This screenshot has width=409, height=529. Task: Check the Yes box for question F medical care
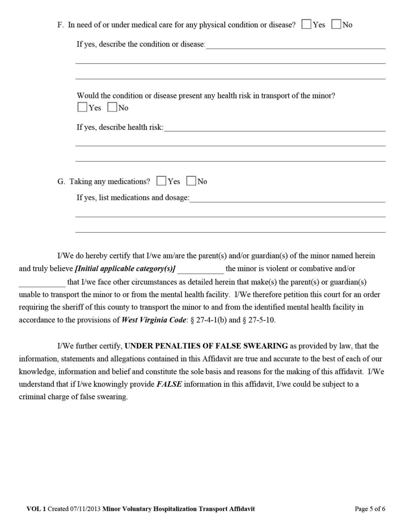[307, 25]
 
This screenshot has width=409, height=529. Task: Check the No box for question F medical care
[336, 25]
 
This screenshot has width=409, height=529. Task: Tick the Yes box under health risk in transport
[82, 108]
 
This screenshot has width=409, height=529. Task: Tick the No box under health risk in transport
[112, 108]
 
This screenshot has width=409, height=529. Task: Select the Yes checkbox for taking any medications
[161, 181]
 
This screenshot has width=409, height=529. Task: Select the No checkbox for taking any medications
[191, 181]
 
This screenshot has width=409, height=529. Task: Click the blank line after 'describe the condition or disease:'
[295, 46]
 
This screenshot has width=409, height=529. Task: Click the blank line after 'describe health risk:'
[274, 128]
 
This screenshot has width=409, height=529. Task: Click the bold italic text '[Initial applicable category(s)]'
[125, 269]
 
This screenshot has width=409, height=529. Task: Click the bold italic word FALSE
[169, 384]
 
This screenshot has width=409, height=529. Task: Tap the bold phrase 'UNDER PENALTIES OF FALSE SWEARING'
[206, 346]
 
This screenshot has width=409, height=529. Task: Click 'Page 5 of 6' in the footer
[370, 509]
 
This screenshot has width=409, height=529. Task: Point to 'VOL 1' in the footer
[36, 509]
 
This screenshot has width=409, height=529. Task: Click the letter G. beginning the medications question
[61, 181]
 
